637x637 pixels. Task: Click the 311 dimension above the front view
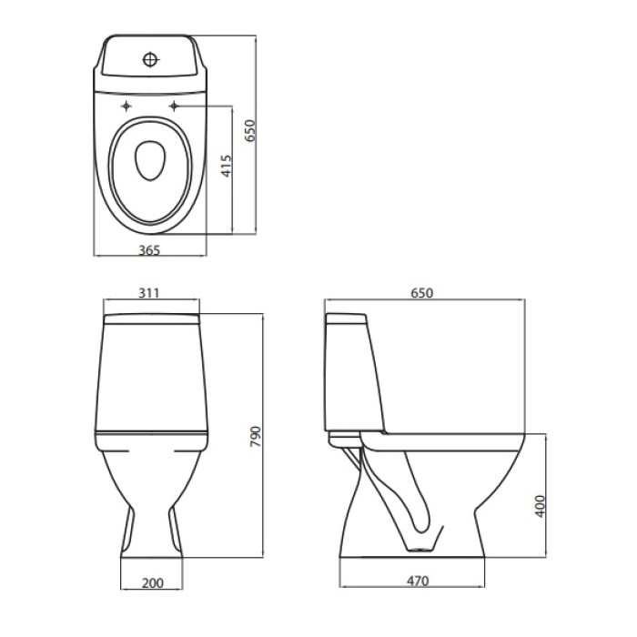[x=149, y=293]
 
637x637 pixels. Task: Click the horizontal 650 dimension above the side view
[x=421, y=293]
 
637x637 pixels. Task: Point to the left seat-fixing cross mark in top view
[x=126, y=108]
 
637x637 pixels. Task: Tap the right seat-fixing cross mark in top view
[x=173, y=108]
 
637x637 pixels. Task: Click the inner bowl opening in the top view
[x=149, y=163]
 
